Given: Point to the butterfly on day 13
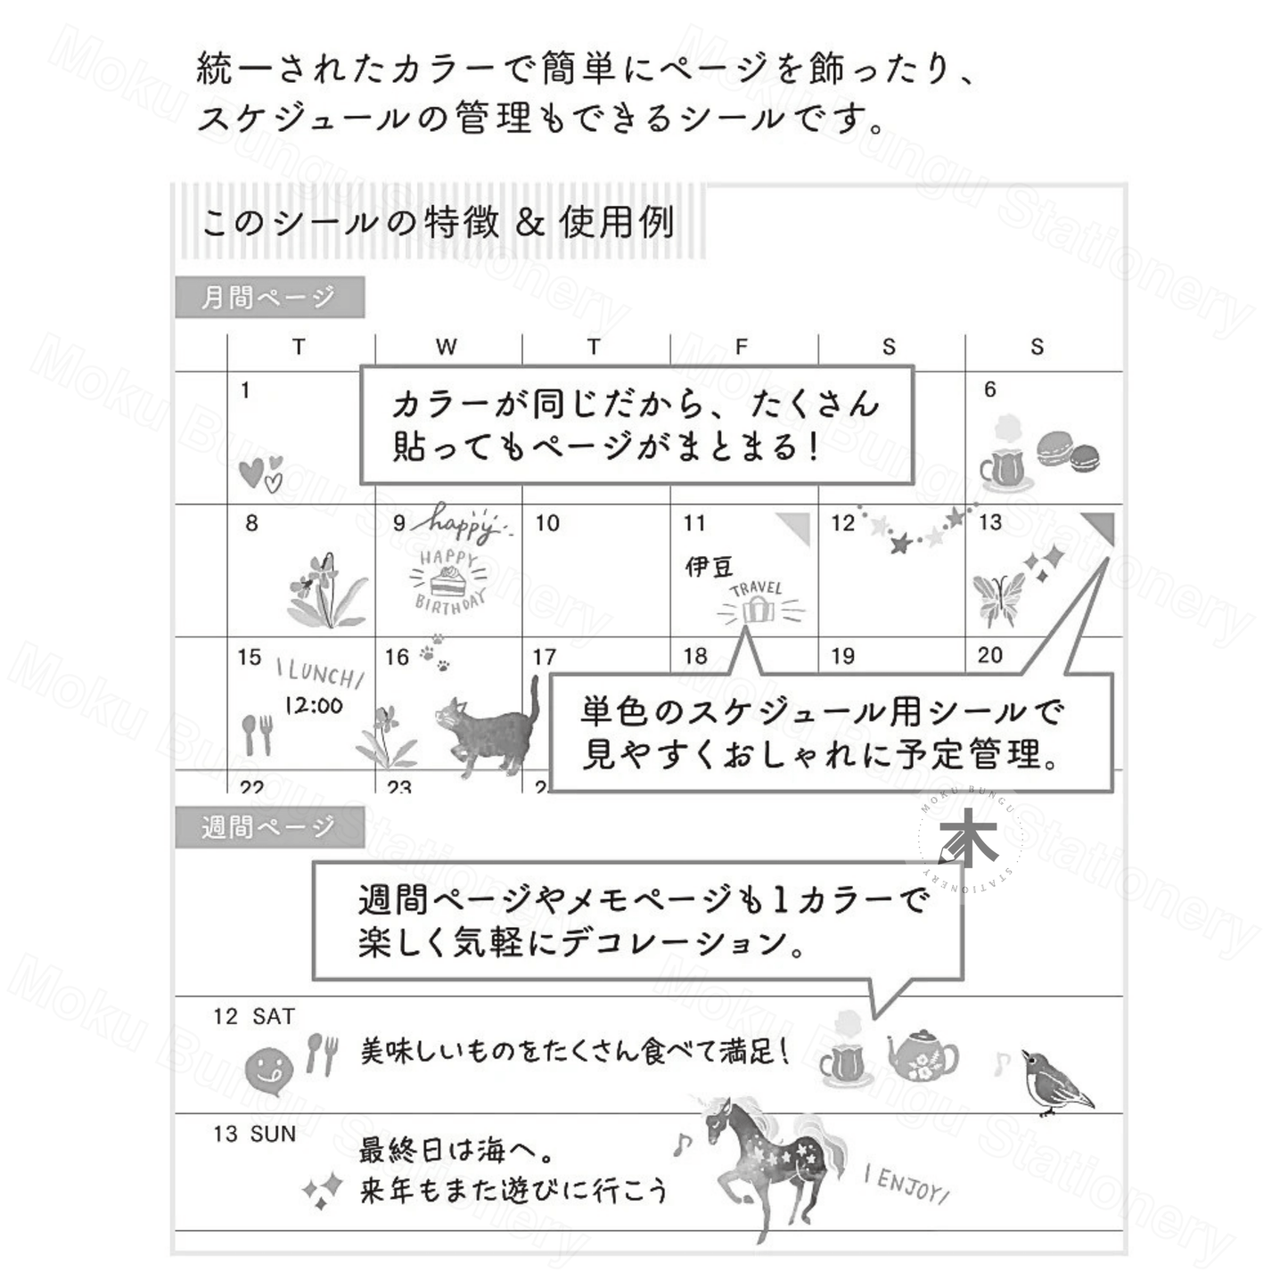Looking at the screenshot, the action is coord(998,599).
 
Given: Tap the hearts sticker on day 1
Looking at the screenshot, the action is coord(260,472).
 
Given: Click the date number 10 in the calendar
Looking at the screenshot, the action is coord(546,522).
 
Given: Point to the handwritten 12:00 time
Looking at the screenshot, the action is coord(314,706).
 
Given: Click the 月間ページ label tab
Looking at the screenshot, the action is coord(269,297).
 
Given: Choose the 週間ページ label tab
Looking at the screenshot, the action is coord(269,827).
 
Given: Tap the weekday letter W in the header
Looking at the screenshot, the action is coord(447,346).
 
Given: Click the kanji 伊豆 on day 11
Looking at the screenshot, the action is coord(709,567).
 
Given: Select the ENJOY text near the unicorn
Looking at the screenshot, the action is coord(906,1184).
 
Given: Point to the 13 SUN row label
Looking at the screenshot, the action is coord(255,1135).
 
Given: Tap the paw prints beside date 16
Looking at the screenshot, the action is coord(434,652).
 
